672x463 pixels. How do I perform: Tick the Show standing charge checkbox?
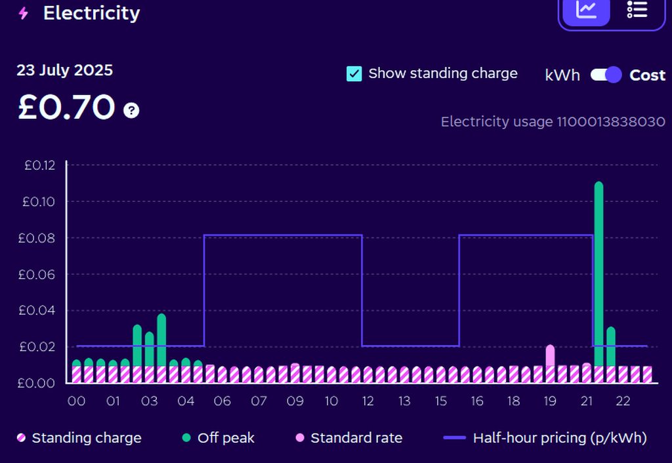[x=354, y=73]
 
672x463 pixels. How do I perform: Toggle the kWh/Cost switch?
[x=606, y=75]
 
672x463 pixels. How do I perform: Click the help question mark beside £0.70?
[x=132, y=110]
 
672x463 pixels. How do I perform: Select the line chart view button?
[x=585, y=10]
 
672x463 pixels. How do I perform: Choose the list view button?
[x=637, y=10]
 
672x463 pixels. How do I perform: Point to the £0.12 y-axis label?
[x=41, y=165]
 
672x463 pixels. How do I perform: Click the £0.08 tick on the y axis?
[x=41, y=238]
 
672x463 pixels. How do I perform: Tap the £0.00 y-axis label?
[x=41, y=383]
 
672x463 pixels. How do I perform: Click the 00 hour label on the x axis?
[x=77, y=401]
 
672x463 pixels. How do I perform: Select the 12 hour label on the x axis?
[x=367, y=401]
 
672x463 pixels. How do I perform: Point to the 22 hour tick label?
[x=623, y=401]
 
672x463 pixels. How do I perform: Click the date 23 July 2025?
[x=65, y=70]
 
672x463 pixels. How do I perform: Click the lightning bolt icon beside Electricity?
[x=24, y=13]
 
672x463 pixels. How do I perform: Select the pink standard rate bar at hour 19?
[x=550, y=355]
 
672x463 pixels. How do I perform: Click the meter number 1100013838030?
[x=611, y=121]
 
